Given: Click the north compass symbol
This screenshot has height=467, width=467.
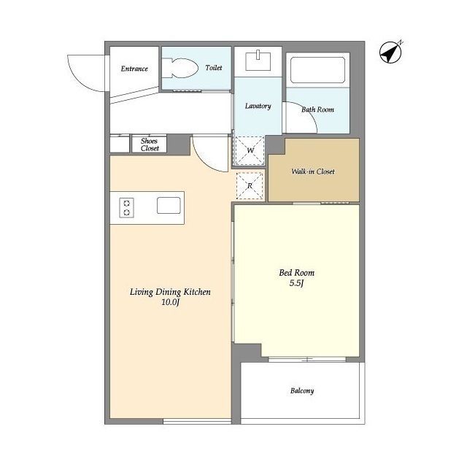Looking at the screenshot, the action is point(390,53).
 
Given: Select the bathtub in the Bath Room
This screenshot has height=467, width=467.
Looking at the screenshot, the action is point(318,70).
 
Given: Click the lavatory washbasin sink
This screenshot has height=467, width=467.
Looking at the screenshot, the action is point(258,61).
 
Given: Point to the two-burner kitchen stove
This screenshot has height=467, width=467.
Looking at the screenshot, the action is point(126,207).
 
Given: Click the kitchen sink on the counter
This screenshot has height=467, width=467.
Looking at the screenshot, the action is point(169,206).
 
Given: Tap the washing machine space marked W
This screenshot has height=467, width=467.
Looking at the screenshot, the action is point(250,151).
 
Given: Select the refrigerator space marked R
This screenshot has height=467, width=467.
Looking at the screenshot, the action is point(250,186).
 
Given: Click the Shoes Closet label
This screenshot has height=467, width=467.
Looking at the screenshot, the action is point(149,144).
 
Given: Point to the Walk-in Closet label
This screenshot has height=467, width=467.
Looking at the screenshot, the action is point(313,171).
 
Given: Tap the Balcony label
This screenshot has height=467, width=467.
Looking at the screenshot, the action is point(302,390).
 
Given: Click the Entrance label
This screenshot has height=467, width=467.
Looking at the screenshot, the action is point(134,69).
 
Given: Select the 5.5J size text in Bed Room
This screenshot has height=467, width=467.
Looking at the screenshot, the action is point(296,283).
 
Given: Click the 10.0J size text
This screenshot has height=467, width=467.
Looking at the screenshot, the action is point(170,302).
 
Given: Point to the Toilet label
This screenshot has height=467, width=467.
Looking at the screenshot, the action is point(214,68).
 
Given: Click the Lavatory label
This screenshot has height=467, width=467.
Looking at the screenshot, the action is point(258,106).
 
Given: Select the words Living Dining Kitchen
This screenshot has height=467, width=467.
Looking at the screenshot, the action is point(170,292).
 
